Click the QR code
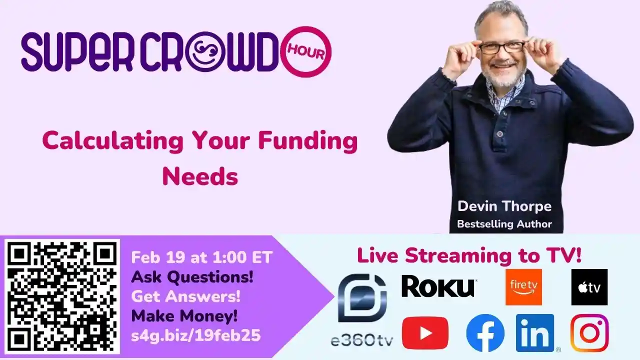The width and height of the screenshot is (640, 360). [62, 296]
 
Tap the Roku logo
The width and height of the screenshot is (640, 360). [438, 287]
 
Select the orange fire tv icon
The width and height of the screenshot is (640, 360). [523, 287]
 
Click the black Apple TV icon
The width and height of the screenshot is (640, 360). [589, 287]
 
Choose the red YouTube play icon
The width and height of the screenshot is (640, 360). [425, 333]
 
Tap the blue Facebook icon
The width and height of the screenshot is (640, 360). [485, 333]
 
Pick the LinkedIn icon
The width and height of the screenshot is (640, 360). [535, 333]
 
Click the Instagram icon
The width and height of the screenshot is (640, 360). [589, 333]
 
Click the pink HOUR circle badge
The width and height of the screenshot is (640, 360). [306, 51]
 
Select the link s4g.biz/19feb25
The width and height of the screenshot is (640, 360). [195, 335]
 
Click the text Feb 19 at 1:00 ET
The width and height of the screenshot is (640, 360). [201, 257]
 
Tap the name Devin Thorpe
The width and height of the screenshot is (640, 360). [504, 206]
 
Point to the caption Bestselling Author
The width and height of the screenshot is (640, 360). [504, 224]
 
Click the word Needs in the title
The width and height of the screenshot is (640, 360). [200, 176]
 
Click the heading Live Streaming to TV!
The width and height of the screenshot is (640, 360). [469, 255]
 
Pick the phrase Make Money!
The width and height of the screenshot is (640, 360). [184, 316]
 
